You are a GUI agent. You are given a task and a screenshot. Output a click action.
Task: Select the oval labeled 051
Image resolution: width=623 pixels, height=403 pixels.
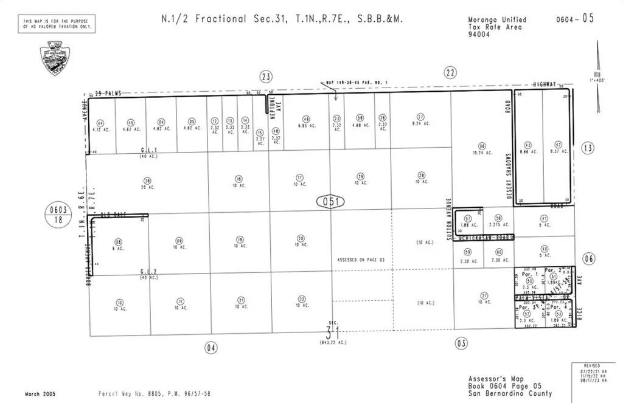tap(330, 201)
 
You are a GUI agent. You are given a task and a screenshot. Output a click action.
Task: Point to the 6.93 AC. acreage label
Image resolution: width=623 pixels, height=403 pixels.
tap(307, 126)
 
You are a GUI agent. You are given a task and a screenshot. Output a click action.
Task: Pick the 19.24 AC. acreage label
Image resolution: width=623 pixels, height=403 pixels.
tap(482, 151)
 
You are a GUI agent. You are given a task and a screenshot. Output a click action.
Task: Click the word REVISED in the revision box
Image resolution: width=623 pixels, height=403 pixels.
tap(591, 366)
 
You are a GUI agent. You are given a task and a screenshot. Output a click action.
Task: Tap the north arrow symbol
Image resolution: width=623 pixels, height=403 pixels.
tap(597, 79)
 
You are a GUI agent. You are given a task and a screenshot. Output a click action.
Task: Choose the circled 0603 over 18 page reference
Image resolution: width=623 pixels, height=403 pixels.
tap(59, 214)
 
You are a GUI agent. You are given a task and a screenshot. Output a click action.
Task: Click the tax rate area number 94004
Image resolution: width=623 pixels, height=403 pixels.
tap(478, 34)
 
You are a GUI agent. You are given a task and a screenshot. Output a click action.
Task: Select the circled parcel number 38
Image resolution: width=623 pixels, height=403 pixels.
tap(147, 181)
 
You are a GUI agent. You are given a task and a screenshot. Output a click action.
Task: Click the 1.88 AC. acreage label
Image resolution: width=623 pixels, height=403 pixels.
tap(468, 225)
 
